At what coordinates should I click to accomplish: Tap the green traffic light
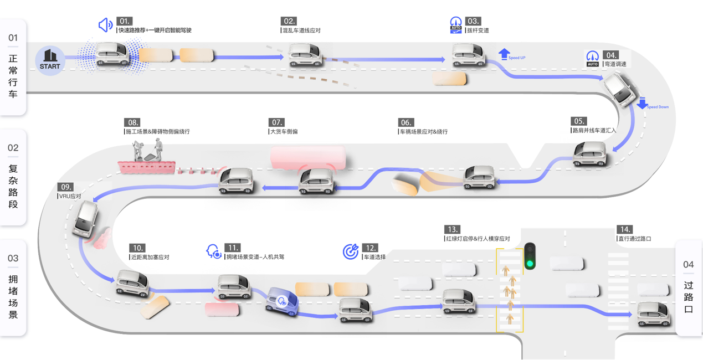pyautogui.click(x=530, y=264)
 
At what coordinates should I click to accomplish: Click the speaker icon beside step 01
pyautogui.click(x=105, y=25)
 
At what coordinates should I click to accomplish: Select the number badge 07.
pyautogui.click(x=276, y=122)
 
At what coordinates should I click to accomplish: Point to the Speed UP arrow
pyautogui.click(x=504, y=54)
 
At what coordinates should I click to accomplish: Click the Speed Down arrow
pyautogui.click(x=642, y=103)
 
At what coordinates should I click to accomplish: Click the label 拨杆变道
pyautogui.click(x=478, y=30)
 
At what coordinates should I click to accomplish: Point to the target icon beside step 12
pyautogui.click(x=351, y=251)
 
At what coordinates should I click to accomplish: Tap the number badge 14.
pyautogui.click(x=625, y=229)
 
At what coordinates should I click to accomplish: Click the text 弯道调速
pyautogui.click(x=615, y=64)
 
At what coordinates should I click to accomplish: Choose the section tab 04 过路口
pyautogui.click(x=689, y=288)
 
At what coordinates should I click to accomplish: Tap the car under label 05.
pyautogui.click(x=590, y=153)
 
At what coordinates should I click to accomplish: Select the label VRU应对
pyautogui.click(x=70, y=197)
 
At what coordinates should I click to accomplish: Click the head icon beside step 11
pyautogui.click(x=213, y=251)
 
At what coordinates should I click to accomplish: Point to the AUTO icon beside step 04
pyautogui.click(x=593, y=58)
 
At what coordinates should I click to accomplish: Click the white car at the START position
pyautogui.click(x=112, y=54)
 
